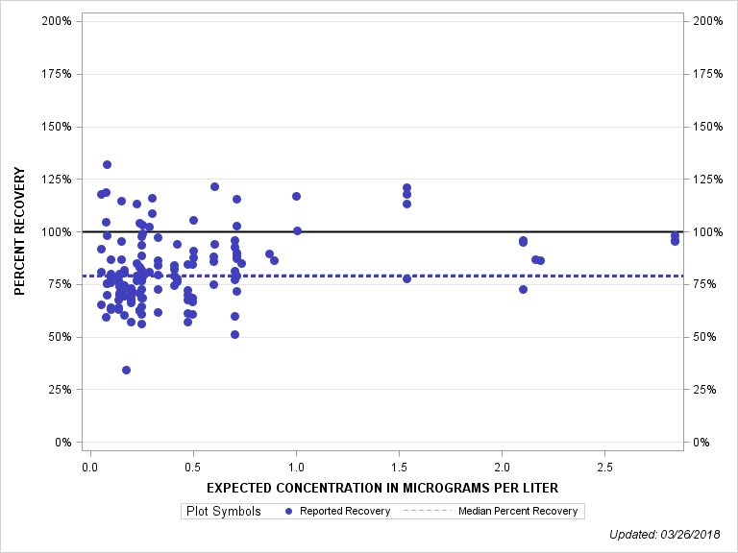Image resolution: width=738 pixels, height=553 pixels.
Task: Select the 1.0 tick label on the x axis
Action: [x=296, y=467]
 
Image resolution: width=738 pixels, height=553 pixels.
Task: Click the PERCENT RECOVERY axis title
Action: [x=19, y=231]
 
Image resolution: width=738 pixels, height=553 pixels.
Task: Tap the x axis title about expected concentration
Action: [x=382, y=488]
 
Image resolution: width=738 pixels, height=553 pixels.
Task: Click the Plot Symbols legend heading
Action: [x=222, y=511]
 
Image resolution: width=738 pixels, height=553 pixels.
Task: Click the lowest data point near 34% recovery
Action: [x=126, y=370]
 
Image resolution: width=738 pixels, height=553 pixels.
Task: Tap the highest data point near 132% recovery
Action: [x=107, y=165]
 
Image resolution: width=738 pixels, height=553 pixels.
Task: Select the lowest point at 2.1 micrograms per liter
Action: [x=523, y=289]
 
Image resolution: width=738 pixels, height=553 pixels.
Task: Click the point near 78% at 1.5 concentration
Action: [x=406, y=278]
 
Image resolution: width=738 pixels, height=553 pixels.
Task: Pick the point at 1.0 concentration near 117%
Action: [x=296, y=196]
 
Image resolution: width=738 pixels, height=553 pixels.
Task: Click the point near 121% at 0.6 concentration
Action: [x=214, y=186]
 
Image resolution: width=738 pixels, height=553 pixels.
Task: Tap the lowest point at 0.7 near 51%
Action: [x=234, y=334]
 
